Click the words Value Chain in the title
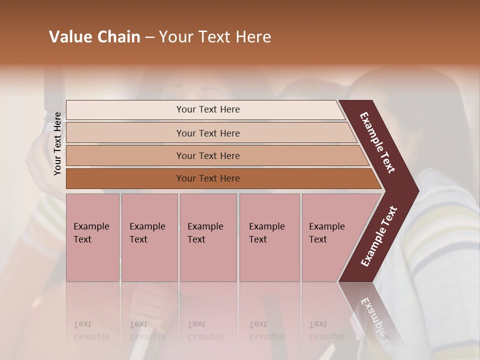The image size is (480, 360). click(x=94, y=37)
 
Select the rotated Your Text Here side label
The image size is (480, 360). click(x=57, y=143)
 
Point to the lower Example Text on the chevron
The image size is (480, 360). click(x=379, y=236)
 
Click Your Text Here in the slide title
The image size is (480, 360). click(x=215, y=37)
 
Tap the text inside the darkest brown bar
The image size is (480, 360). click(x=208, y=178)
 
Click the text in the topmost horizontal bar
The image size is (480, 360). click(x=208, y=109)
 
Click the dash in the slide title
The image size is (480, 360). click(x=149, y=37)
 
